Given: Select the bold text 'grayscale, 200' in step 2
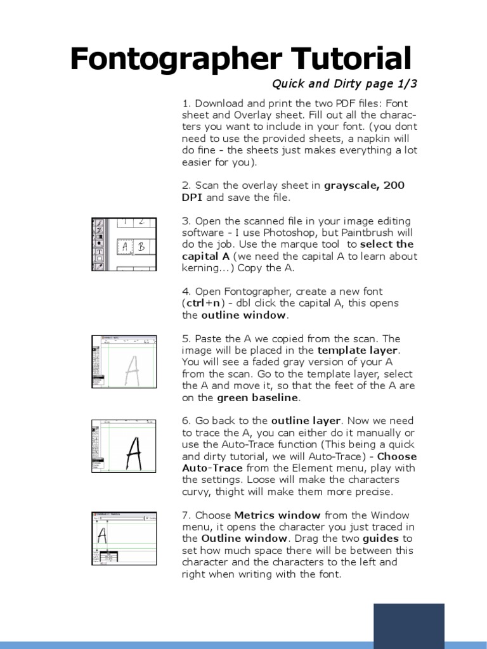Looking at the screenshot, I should point(364,185).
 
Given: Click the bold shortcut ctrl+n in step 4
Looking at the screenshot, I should point(207,303).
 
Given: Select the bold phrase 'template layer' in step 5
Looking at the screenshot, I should point(359,350).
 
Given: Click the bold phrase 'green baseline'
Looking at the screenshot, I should point(257,398).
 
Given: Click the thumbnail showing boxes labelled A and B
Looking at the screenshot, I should point(124,244).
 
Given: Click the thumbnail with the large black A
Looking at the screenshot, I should point(124,447).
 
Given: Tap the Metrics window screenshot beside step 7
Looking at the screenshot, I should point(124,542).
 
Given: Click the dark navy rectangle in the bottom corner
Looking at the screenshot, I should point(408,626).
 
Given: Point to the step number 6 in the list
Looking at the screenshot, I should point(185,421).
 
